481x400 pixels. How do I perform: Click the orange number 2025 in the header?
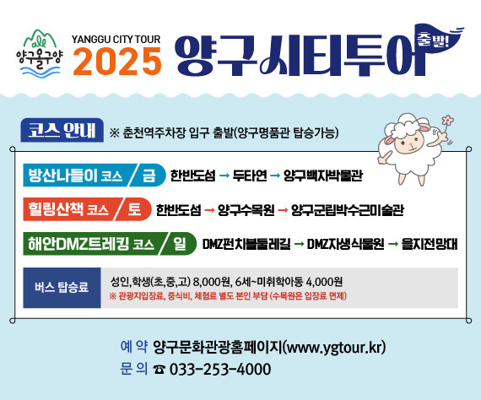(x=116, y=60)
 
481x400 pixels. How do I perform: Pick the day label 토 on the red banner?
(x=134, y=208)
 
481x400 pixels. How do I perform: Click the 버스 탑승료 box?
(x=61, y=288)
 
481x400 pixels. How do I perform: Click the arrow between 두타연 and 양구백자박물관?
(x=275, y=176)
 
